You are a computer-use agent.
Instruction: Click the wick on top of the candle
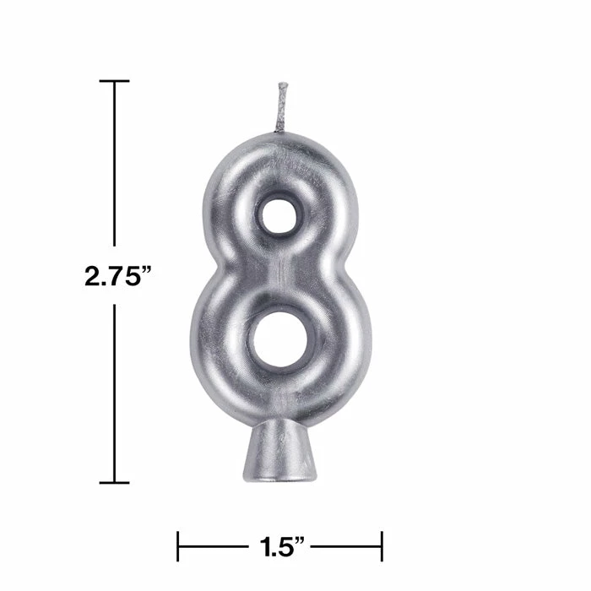282,108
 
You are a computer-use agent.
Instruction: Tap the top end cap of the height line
115,81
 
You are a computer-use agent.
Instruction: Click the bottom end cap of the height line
115,483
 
